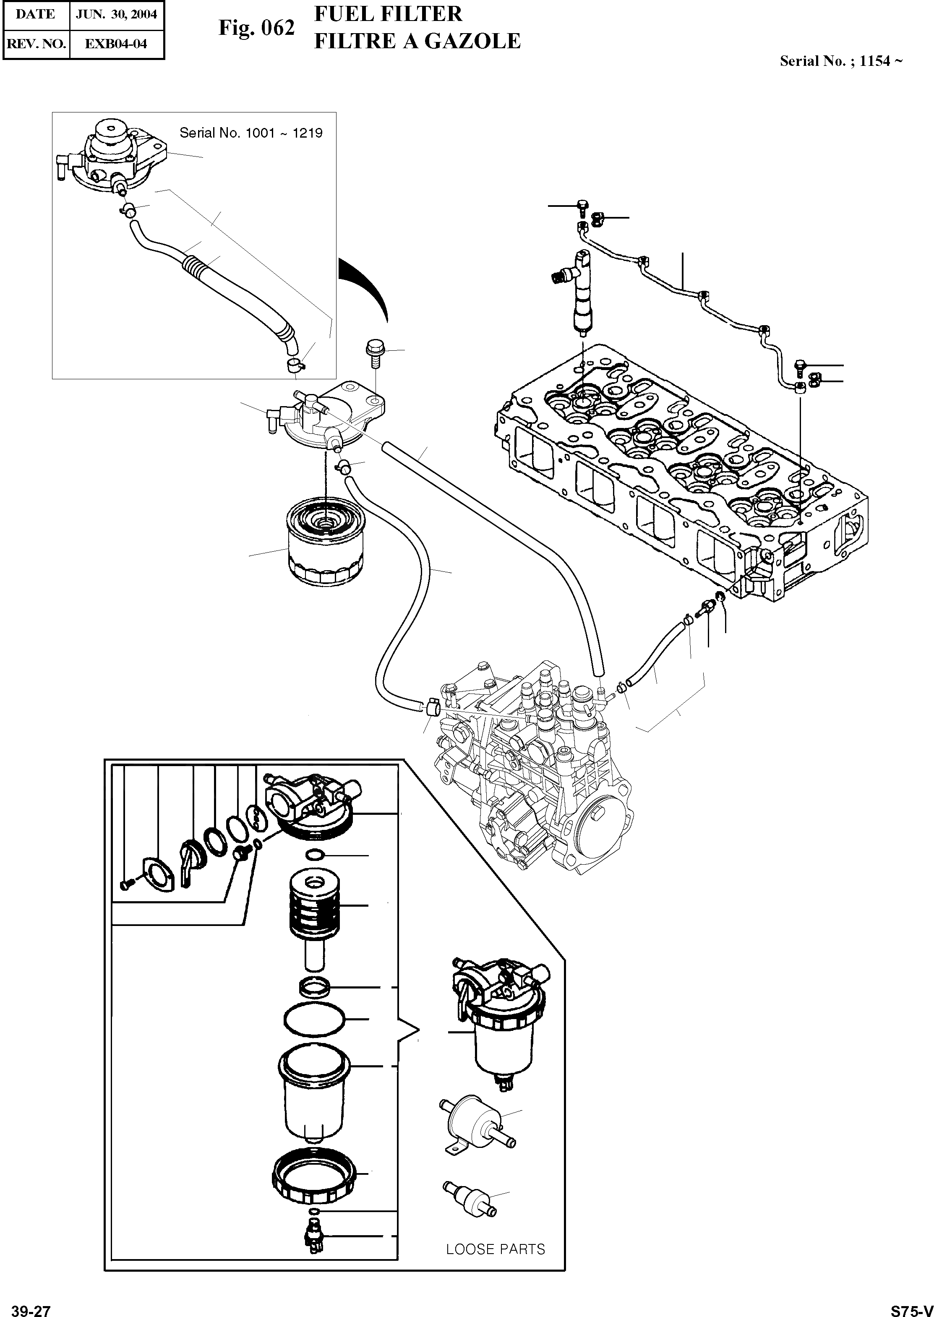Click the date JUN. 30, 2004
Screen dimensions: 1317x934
tap(116, 14)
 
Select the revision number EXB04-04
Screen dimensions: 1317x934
tap(116, 44)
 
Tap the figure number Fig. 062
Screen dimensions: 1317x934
tap(256, 28)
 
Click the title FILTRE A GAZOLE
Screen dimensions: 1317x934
tap(417, 42)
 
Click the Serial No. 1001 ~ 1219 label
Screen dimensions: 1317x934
tap(251, 133)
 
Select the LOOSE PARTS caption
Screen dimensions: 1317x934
tap(495, 1249)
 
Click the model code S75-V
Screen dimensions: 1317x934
tap(912, 1307)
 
